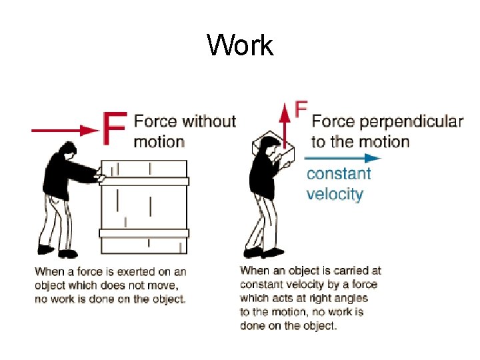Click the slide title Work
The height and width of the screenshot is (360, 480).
(x=240, y=46)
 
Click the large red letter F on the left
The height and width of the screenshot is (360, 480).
(x=115, y=129)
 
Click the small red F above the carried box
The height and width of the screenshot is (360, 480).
(x=301, y=109)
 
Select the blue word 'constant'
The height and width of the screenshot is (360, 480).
(x=339, y=174)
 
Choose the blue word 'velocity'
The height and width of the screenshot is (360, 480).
(x=335, y=194)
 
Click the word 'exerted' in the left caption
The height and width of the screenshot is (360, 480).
(x=127, y=271)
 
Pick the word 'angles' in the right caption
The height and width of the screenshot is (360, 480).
(x=328, y=298)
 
